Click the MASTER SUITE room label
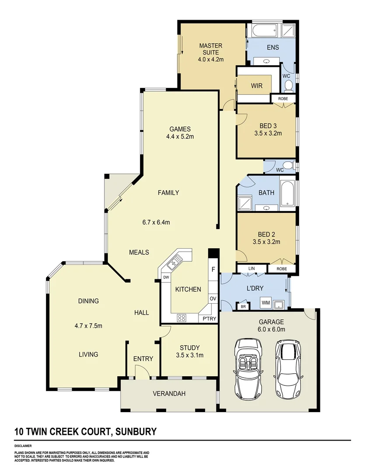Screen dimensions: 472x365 (x=211, y=49)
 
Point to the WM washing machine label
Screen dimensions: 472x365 (x=265, y=302)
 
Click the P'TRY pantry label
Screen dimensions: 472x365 (x=209, y=319)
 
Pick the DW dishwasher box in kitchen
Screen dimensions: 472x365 (x=166, y=278)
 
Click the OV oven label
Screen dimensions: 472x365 (x=213, y=298)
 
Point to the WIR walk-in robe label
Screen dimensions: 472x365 (x=257, y=86)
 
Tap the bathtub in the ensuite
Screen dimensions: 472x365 (x=262, y=31)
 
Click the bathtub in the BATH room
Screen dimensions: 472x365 (x=288, y=193)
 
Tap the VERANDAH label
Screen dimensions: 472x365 (x=169, y=394)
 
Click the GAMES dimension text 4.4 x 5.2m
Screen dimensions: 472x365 (x=180, y=136)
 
